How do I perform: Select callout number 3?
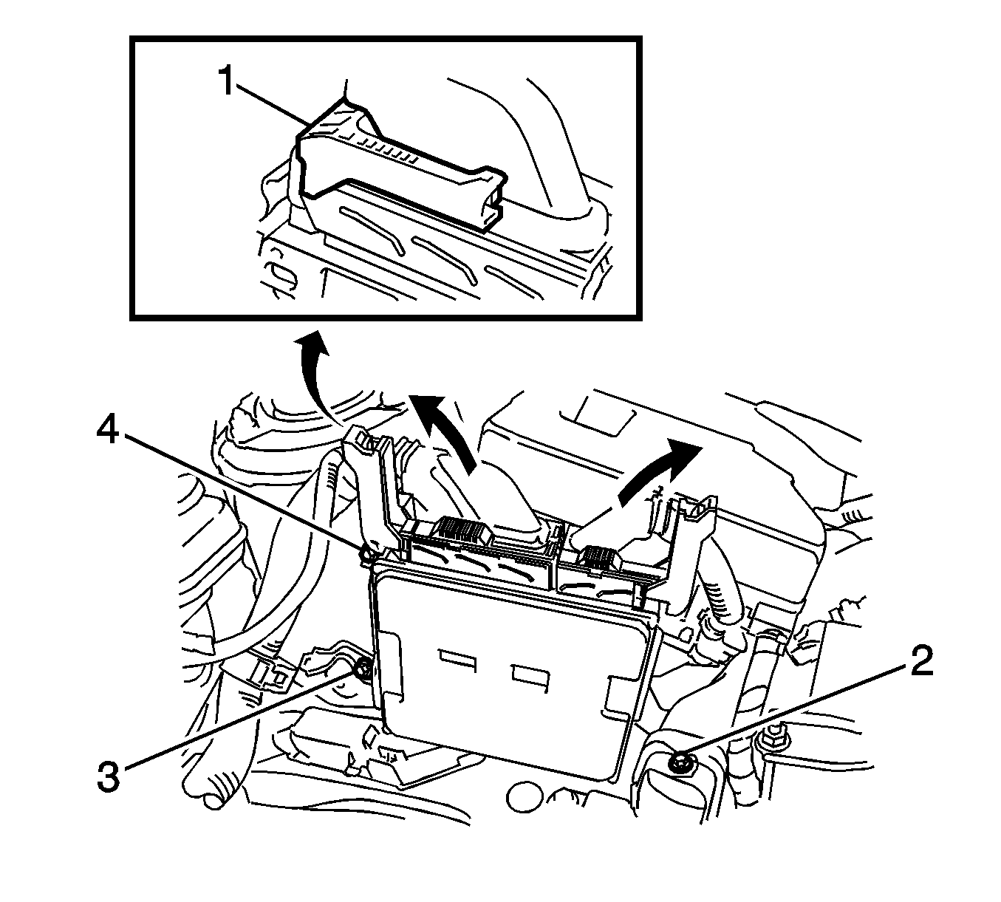pos(109,777)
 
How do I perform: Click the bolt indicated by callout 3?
pos(363,669)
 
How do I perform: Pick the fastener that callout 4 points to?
pos(364,553)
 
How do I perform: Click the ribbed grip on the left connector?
pos(461,529)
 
